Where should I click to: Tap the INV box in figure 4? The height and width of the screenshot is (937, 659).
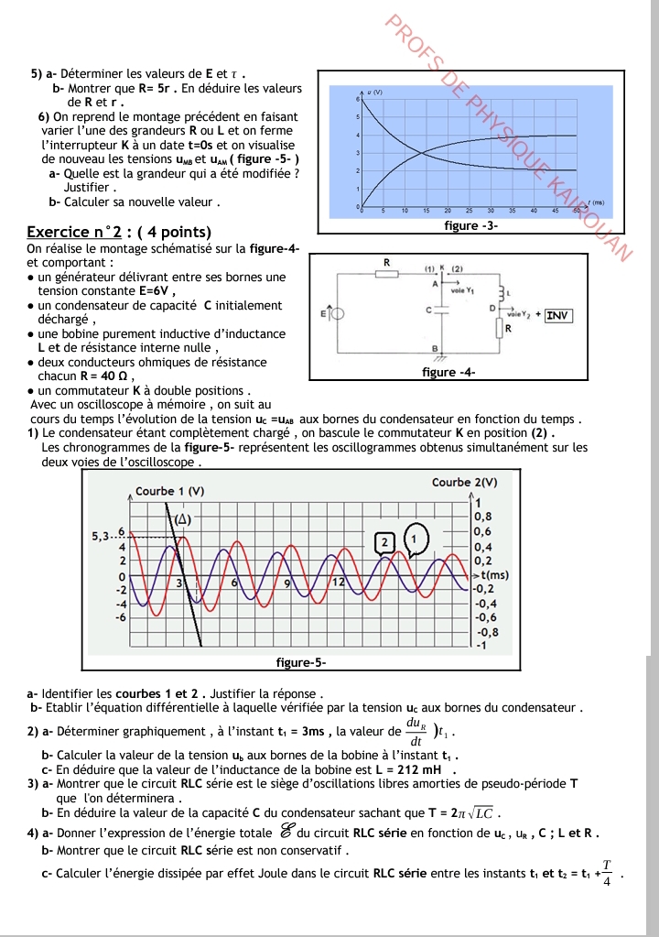[557, 315]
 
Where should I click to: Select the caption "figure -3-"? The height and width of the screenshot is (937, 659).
[470, 225]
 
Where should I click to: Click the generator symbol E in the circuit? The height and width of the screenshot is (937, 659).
[336, 314]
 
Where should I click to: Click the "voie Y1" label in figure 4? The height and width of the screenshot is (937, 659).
[463, 289]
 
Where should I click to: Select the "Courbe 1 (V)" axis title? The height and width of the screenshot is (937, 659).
[169, 491]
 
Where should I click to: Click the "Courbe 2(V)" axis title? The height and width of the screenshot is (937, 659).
[464, 482]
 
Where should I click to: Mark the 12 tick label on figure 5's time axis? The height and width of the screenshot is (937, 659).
[337, 582]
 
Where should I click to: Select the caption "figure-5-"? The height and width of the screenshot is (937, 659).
[301, 661]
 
